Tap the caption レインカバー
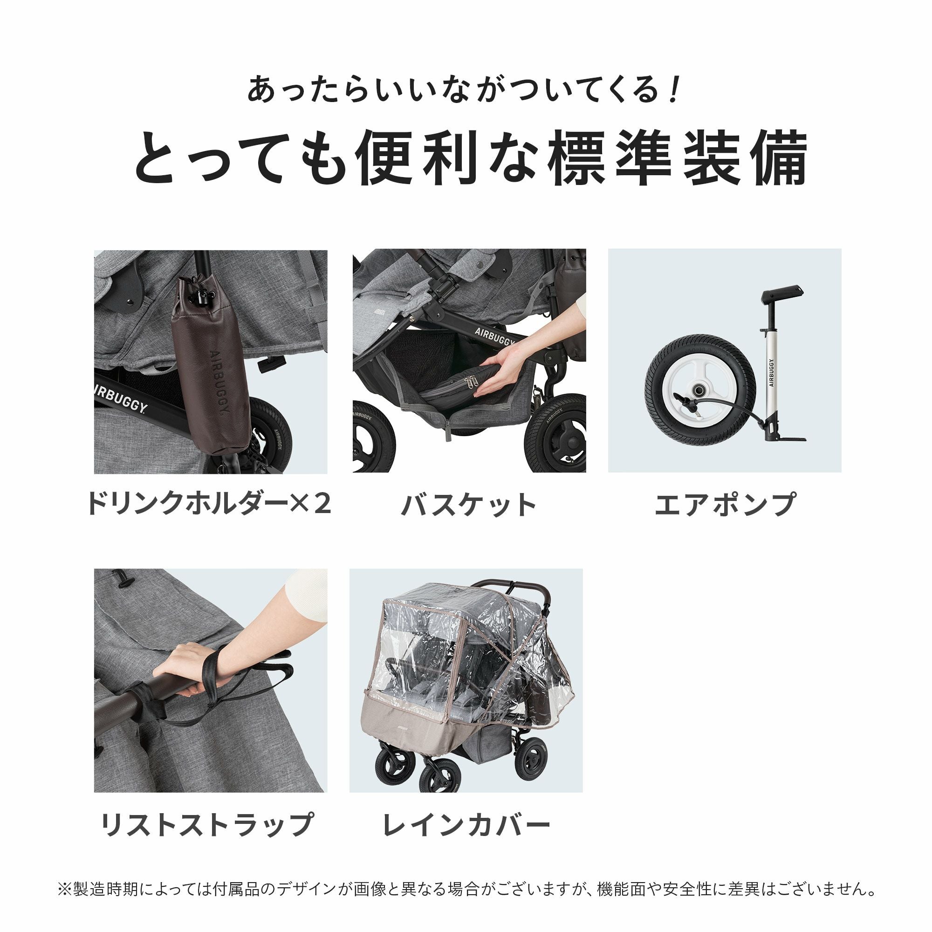pyautogui.click(x=466, y=825)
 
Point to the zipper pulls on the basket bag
pyautogui.click(x=469, y=383)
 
